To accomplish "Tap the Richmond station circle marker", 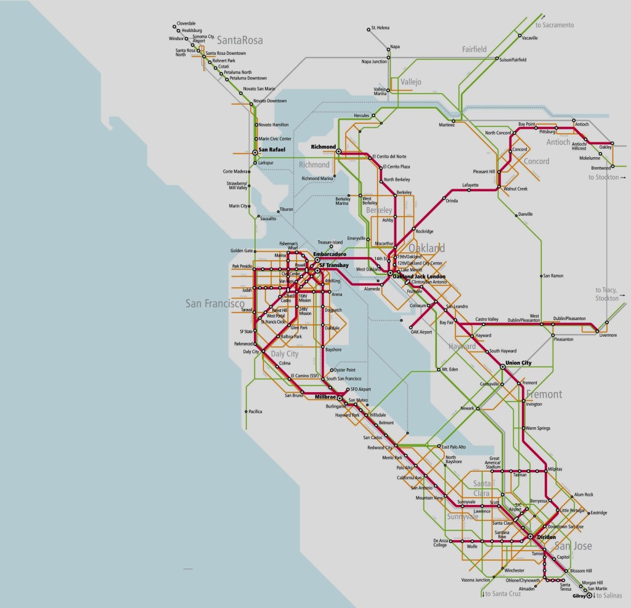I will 338,151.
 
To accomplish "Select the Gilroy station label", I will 577,596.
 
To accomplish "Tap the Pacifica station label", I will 255,411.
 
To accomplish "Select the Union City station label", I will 518,363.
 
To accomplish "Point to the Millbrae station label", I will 325,397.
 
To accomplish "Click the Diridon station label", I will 547,537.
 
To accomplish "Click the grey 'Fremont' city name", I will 544,394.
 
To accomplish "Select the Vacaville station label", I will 530,38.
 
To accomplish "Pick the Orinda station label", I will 452,201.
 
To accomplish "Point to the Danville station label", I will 525,214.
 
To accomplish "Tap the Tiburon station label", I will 286,209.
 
